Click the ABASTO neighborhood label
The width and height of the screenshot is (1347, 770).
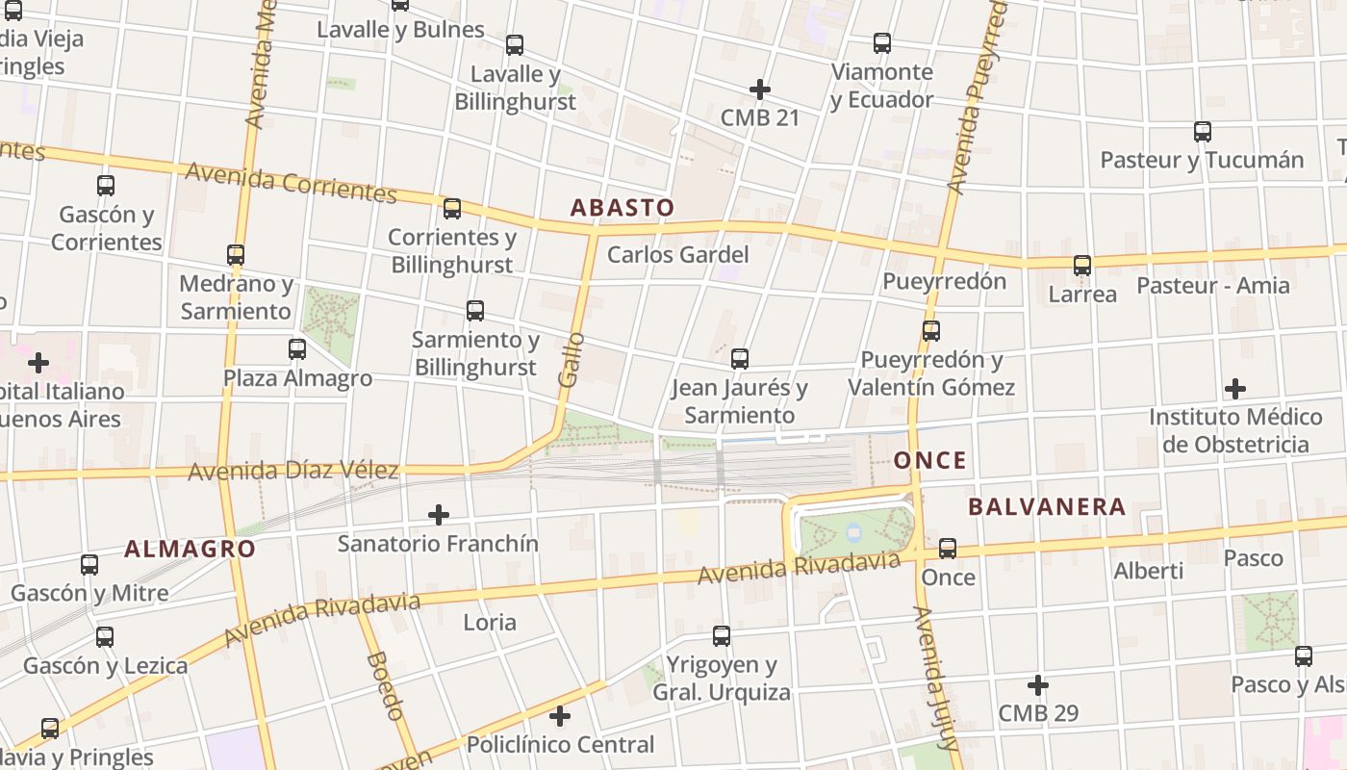622,208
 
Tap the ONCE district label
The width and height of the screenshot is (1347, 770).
929,460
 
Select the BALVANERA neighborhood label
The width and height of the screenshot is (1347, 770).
1047,506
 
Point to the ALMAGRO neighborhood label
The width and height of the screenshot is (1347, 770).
191,550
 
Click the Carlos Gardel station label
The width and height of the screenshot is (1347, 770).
677,255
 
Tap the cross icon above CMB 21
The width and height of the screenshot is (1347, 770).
759,90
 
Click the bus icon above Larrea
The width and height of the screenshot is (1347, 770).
1082,265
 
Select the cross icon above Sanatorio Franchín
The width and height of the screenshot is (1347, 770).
438,515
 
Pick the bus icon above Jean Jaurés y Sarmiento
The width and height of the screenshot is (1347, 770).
739,359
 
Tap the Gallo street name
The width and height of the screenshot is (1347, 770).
571,360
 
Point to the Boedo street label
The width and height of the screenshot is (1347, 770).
385,685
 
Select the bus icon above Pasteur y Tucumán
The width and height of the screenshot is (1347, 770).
1202,131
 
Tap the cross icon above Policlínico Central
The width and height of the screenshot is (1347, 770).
560,716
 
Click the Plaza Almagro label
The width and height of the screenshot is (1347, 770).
297,378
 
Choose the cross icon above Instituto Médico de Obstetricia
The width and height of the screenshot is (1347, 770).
1235,389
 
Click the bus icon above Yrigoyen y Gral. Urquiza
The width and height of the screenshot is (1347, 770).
721,635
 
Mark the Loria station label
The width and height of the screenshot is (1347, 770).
490,622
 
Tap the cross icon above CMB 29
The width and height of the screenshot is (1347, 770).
1037,685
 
